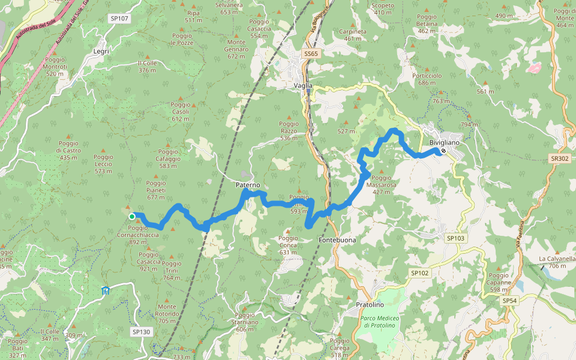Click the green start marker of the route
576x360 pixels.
click(131, 216)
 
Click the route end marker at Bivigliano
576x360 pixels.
click(443, 151)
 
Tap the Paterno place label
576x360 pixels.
click(248, 185)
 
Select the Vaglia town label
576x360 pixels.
click(303, 86)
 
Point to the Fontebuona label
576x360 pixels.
click(337, 240)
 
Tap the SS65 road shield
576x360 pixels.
click(311, 54)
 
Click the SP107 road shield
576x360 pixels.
click(119, 19)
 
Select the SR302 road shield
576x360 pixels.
click(559, 158)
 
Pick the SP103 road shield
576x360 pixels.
click(455, 238)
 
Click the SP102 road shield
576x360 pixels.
click(420, 273)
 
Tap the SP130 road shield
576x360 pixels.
click(141, 331)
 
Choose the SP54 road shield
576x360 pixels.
click(509, 300)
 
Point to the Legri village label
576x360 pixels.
click(101, 52)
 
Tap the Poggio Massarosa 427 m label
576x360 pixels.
click(384, 181)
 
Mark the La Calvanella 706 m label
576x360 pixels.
click(557, 262)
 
